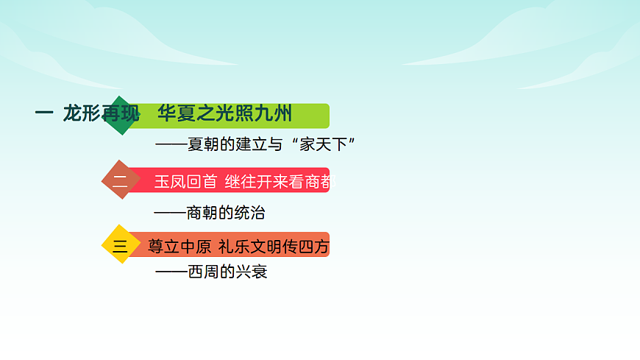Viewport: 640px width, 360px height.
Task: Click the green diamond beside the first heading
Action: click(x=119, y=116)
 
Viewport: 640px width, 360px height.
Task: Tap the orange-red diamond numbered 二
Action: click(x=119, y=180)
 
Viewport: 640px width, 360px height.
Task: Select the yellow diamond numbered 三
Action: click(x=119, y=244)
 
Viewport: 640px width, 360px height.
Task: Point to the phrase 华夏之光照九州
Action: click(x=225, y=113)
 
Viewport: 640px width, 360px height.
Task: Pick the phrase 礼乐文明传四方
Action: click(x=274, y=247)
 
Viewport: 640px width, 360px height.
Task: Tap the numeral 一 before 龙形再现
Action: click(x=43, y=113)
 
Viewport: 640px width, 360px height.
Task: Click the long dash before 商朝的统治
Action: click(x=170, y=213)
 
